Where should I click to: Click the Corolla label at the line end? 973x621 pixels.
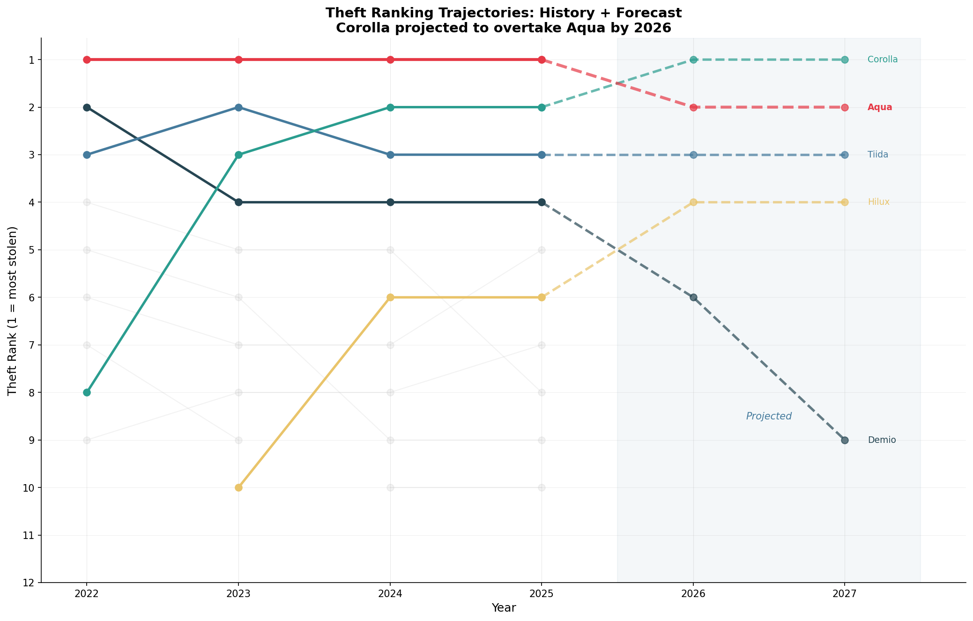[882, 60]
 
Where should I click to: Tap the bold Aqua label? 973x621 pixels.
[879, 107]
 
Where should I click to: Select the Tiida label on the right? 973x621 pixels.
[877, 155]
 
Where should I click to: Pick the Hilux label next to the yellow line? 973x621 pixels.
[878, 202]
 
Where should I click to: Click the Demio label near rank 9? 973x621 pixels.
[881, 440]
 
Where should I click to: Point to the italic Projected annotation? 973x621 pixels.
[768, 416]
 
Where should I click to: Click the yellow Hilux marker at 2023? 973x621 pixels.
[238, 487]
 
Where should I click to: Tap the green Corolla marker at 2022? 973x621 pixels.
[87, 392]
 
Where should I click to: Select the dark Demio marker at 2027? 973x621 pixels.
[844, 440]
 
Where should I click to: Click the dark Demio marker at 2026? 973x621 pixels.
[693, 297]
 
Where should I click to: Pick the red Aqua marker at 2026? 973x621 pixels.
[693, 107]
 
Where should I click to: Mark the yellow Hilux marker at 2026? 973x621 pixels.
[693, 202]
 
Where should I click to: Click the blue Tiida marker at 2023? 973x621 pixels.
[238, 107]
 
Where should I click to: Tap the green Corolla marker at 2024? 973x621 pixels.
[390, 107]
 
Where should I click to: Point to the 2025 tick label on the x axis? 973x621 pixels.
[542, 595]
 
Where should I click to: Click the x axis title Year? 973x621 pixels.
[504, 608]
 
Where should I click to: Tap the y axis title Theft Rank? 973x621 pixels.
[13, 311]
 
